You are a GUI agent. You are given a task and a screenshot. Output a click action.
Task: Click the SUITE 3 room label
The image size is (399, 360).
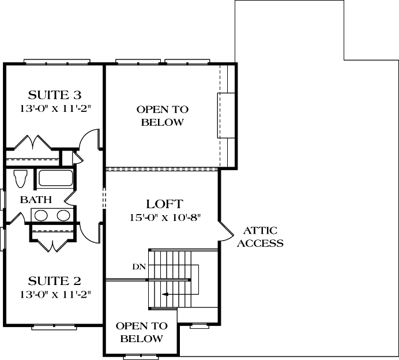tap(55, 95)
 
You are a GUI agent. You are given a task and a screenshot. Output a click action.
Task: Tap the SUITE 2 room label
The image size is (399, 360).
tap(55, 281)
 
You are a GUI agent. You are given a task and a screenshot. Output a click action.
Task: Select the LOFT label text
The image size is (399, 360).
tap(164, 204)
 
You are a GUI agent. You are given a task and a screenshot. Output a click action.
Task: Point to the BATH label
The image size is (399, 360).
tap(36, 200)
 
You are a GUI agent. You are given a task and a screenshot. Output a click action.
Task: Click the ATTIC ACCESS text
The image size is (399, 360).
tap(261, 236)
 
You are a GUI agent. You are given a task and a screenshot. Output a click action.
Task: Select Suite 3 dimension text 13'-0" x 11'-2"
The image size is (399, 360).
tap(55, 107)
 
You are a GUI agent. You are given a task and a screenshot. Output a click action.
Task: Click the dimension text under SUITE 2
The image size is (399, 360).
tap(55, 294)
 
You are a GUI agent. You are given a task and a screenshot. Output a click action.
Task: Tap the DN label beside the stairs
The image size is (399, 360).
tap(139, 267)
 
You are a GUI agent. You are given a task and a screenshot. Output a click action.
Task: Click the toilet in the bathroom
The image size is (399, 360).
tap(20, 178)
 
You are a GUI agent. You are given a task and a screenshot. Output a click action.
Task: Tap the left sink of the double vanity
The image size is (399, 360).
tap(41, 216)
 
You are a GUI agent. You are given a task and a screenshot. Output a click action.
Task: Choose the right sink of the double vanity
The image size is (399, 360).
tap(63, 216)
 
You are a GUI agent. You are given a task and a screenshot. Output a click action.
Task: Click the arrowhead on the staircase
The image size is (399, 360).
tap(165, 294)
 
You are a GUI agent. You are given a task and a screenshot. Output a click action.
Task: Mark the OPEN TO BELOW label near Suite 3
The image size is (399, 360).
tap(163, 115)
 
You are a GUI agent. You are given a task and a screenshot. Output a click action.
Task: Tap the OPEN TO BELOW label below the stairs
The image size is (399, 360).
tap(141, 332)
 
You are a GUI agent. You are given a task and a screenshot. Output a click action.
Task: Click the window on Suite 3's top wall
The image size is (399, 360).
tap(57, 61)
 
